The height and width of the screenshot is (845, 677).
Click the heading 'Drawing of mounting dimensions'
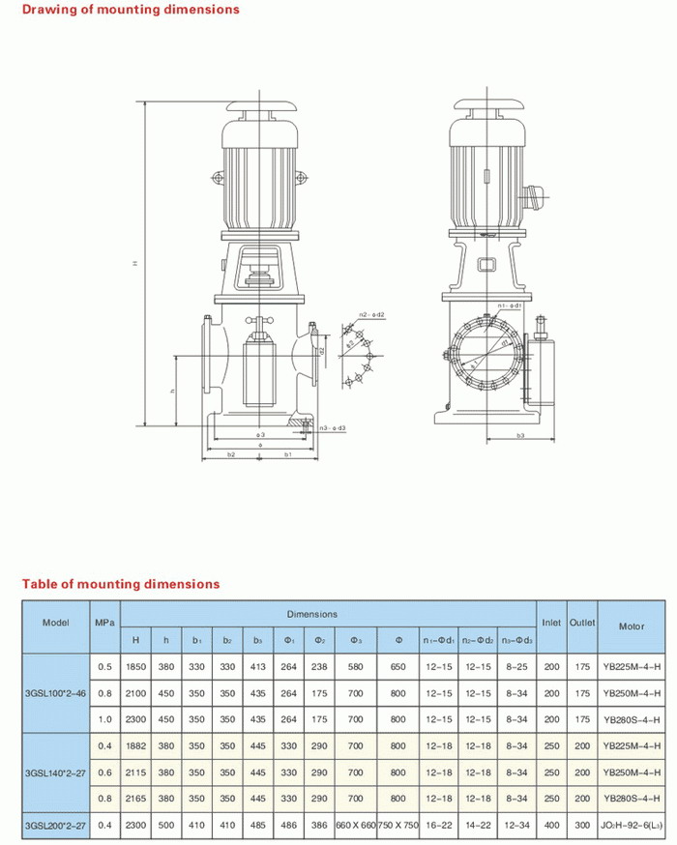(x=131, y=10)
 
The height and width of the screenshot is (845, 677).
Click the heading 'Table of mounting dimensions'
(x=121, y=584)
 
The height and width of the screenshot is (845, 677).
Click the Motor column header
(x=631, y=626)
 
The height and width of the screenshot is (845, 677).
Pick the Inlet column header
(x=551, y=622)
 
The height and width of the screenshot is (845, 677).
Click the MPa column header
(x=104, y=622)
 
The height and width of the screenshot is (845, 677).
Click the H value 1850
(x=135, y=667)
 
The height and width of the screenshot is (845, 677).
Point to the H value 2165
(x=135, y=798)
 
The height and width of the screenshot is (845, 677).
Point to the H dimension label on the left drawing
(x=135, y=263)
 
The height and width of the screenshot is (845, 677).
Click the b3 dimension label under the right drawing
(x=520, y=437)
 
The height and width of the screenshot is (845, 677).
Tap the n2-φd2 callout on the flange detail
(x=371, y=315)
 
